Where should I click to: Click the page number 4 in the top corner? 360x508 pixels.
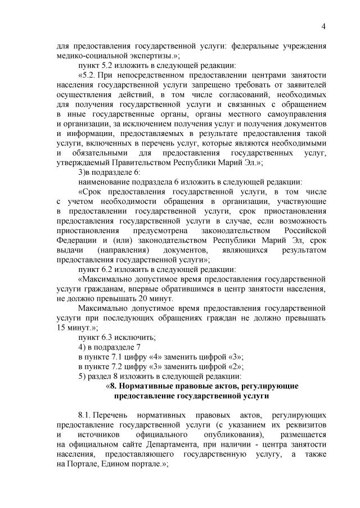(x=324, y=26)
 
